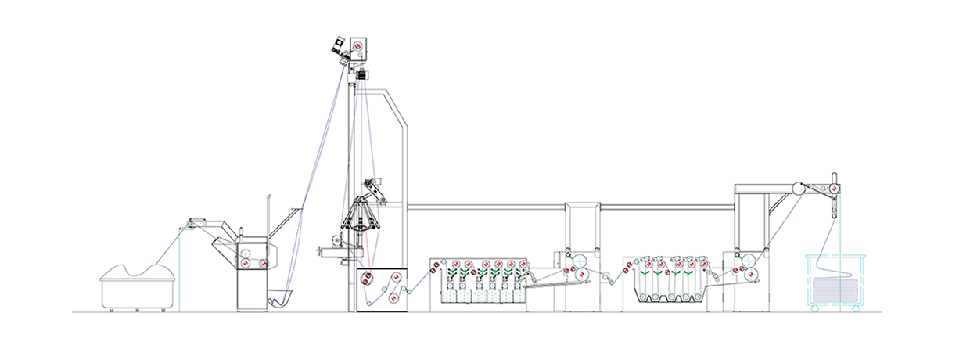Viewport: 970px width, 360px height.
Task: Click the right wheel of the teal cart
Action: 858,308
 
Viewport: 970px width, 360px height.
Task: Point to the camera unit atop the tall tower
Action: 339,45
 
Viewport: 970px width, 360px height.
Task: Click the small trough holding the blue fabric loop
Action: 279,298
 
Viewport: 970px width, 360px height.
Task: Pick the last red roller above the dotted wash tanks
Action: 523,263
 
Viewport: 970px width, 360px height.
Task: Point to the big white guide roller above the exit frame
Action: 797,189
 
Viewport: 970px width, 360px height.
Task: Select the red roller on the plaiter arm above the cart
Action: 834,189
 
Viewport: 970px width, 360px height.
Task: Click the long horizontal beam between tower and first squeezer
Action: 485,207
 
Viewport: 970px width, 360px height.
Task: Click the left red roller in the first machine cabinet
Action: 243,265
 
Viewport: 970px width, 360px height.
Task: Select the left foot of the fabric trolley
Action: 111,310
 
